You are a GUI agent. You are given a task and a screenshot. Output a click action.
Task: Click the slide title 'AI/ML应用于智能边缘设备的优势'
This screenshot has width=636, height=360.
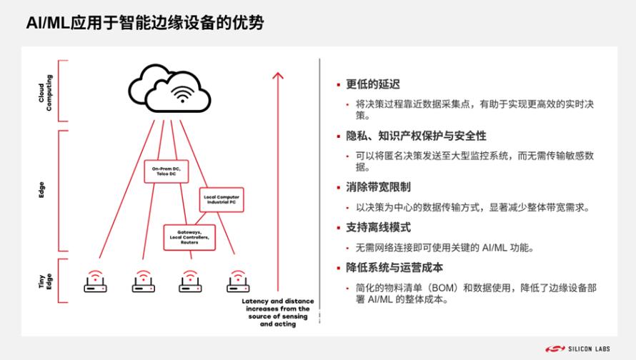[145, 23]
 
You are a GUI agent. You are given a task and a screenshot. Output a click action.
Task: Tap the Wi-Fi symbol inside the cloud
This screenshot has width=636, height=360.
[182, 94]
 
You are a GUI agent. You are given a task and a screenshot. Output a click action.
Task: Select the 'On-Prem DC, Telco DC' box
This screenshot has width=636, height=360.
[167, 171]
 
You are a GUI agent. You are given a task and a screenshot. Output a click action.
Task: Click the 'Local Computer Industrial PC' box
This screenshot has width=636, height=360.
[222, 199]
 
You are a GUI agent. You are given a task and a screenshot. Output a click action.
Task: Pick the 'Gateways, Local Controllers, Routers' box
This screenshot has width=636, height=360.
[189, 237]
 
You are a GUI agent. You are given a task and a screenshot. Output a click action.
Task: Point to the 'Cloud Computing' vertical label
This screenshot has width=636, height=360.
[45, 93]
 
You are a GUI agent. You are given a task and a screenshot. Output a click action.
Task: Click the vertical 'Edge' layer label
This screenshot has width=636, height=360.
[41, 190]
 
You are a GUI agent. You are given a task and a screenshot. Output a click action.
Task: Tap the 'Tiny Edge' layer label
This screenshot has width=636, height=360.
[45, 281]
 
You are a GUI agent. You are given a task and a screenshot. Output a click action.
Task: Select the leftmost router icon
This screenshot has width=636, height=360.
[95, 281]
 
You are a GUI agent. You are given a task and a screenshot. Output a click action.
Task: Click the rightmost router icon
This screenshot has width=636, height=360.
[238, 281]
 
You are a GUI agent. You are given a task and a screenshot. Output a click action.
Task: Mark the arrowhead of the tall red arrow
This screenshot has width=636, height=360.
[278, 76]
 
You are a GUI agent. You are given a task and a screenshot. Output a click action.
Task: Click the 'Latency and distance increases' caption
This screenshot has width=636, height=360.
[278, 313]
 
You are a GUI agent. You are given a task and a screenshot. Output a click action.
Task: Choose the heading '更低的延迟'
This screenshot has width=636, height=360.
[373, 84]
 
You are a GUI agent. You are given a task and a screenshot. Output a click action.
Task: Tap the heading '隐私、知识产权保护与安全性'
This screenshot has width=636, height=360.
[416, 136]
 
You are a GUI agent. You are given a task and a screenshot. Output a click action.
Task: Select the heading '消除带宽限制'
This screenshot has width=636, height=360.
[378, 187]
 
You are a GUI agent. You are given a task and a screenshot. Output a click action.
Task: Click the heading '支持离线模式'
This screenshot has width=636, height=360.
[378, 227]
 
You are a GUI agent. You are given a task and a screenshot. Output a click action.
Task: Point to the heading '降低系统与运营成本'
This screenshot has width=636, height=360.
[394, 268]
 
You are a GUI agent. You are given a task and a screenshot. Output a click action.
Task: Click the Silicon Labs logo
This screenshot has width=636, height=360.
[577, 349]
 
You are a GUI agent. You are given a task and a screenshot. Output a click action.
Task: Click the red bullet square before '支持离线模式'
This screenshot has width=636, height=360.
[338, 228]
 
